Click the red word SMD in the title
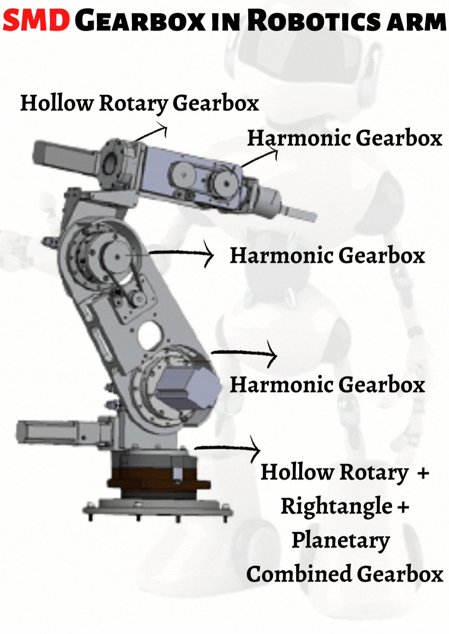tap(36, 20)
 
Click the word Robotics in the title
tap(314, 20)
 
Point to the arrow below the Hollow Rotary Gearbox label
tap(150, 132)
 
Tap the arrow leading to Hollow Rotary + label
tap(227, 448)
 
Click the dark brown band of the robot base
tap(159, 479)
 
